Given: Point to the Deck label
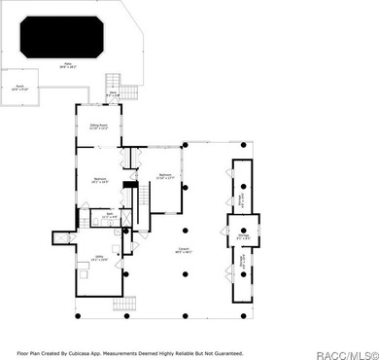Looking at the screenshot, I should [x=114, y=94].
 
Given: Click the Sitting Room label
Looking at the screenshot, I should [x=98, y=126].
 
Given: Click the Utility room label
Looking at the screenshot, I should [x=98, y=259].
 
